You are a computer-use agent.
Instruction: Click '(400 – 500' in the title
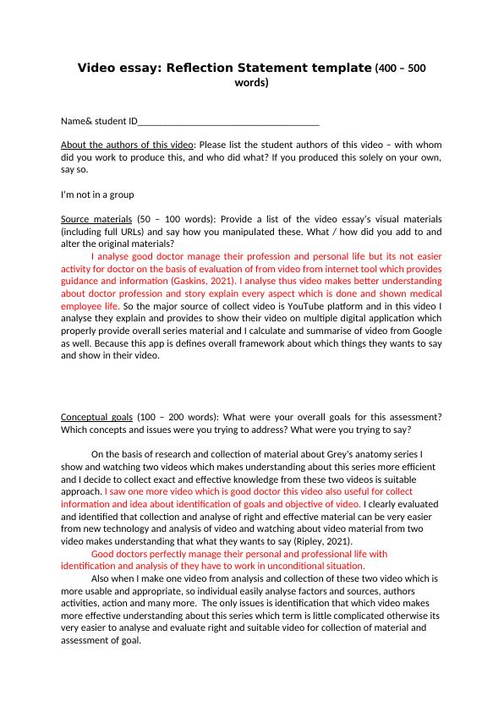(x=400, y=68)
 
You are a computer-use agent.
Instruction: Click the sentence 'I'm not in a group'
(x=97, y=194)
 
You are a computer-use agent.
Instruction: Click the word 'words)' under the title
(x=251, y=83)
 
